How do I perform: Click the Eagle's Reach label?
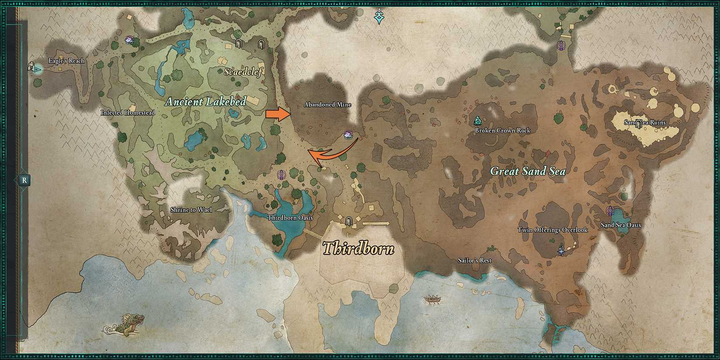(66, 61)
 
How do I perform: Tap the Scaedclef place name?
(243, 72)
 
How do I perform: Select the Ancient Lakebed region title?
(206, 102)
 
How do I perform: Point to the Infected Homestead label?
(128, 113)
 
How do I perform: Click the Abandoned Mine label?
(327, 105)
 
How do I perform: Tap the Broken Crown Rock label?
(503, 130)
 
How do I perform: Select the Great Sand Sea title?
(528, 171)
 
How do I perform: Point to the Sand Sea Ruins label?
(645, 123)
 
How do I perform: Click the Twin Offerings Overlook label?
(552, 230)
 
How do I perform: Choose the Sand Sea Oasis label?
(621, 225)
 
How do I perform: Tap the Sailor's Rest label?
(474, 261)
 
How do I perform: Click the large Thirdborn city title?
(358, 249)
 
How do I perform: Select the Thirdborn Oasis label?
(290, 218)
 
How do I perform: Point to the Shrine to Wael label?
(191, 210)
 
